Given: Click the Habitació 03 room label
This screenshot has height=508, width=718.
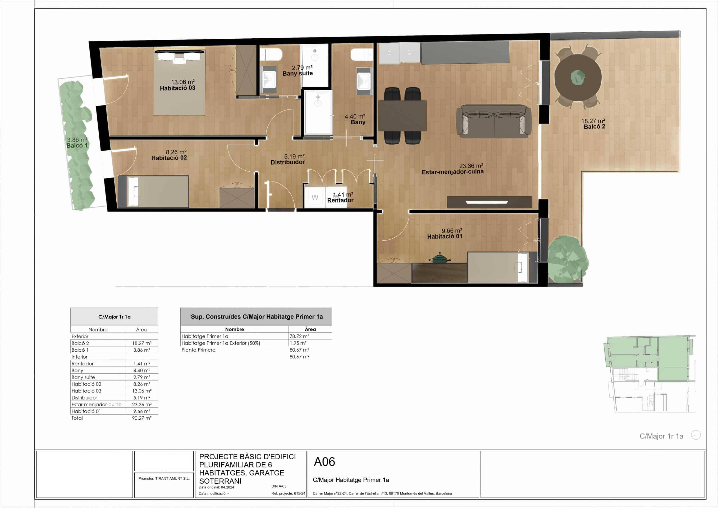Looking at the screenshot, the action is pos(178,88).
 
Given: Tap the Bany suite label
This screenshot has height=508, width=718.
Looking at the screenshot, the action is pos(298,74).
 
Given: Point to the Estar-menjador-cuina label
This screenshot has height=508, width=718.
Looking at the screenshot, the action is pos(452,172).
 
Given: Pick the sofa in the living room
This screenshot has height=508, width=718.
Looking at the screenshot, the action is pos(494,121).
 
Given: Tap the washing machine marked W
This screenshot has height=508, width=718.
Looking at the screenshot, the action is pos(315,197).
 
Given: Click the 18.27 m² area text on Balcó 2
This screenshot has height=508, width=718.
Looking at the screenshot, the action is pos(593,121).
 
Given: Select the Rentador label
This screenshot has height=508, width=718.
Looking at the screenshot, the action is pos(340,200).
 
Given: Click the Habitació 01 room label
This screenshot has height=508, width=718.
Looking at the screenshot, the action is pos(445,237).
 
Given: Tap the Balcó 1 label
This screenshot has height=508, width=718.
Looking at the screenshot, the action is pos(77,146).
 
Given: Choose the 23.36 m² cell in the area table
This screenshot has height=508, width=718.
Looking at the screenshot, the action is pos(142,405).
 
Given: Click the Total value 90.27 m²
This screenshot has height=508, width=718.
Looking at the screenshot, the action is pos(142,418).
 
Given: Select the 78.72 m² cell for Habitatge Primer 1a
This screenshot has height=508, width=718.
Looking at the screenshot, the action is pos(299,336).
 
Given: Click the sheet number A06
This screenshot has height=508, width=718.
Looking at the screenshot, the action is pos(324,462).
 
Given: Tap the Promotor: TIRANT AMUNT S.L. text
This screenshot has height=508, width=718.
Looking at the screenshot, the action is pos(164,479).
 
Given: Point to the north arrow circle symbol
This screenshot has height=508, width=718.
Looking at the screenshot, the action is pos(696,435).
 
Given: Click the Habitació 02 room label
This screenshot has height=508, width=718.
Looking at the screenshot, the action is pos(169,158).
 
